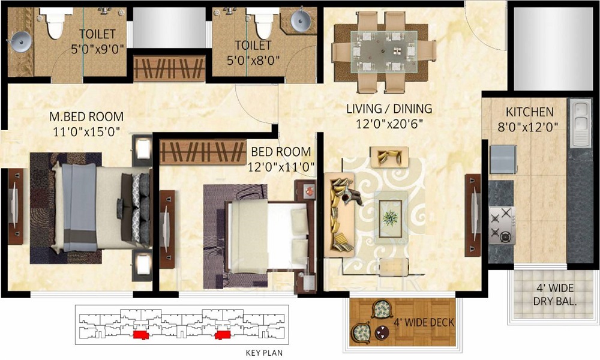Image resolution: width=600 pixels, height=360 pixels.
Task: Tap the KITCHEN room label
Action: coord(529,112)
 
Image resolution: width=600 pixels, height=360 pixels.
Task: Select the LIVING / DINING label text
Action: coord(389,109)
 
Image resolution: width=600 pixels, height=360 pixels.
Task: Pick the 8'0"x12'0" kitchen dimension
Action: coord(529,127)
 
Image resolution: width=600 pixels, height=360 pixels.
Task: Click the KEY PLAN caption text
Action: coord(264,353)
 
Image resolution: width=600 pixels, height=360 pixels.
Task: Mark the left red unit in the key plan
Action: coord(140,334)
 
